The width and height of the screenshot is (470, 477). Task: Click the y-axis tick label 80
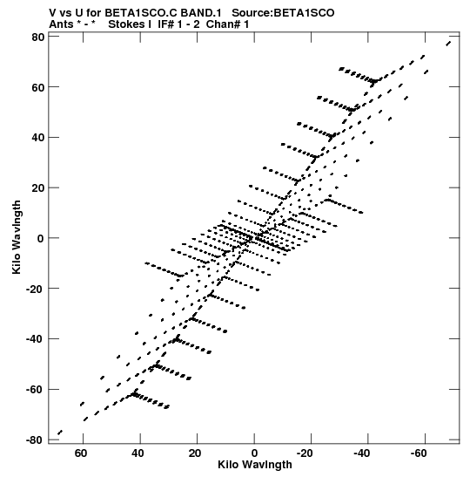click(38, 37)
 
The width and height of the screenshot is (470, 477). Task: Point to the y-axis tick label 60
click(38, 87)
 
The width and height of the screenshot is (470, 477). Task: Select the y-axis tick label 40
click(38, 138)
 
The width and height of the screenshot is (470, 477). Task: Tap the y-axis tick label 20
click(38, 188)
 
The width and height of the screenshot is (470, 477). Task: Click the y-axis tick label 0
click(41, 238)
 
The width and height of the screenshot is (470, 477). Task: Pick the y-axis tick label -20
click(35, 289)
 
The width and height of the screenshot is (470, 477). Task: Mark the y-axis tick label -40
click(35, 339)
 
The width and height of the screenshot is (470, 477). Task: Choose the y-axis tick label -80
click(35, 440)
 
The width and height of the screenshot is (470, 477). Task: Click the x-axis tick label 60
click(81, 453)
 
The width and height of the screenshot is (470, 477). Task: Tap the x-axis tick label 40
click(138, 453)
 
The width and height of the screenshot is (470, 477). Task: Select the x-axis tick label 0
click(254, 453)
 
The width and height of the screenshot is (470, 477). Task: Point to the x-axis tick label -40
click(362, 453)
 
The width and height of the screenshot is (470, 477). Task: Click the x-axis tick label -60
click(419, 453)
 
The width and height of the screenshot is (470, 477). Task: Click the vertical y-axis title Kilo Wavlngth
click(17, 237)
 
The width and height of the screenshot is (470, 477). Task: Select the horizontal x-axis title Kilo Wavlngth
click(255, 465)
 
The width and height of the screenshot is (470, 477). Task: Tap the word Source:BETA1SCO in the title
click(283, 13)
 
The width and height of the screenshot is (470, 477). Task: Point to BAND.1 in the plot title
click(201, 13)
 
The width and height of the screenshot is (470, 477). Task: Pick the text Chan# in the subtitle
click(224, 24)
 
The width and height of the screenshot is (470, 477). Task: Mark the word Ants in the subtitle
click(61, 24)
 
